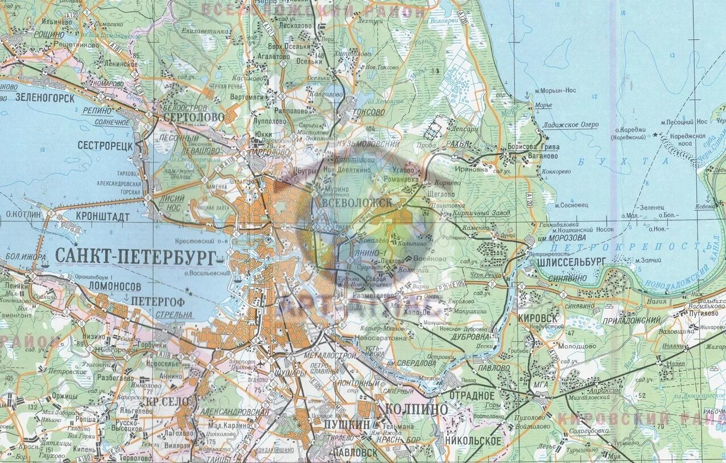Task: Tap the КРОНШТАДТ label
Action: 103,217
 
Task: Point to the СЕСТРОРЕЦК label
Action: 105,146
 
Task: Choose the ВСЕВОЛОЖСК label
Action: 357,203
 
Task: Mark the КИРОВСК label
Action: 538,318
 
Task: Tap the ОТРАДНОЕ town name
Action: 472,395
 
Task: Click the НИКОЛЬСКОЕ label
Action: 473,441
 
